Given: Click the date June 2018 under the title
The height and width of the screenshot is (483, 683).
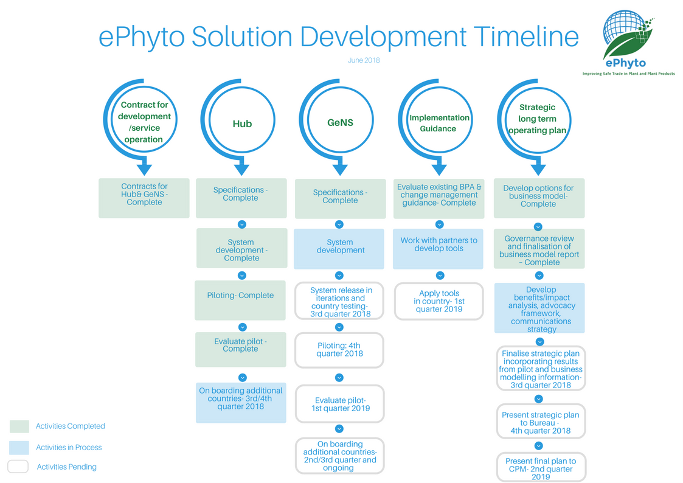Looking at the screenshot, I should [364, 60].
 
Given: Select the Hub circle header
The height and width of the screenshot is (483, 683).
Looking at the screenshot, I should [241, 124].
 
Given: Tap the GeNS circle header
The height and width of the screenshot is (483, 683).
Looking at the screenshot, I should [340, 123].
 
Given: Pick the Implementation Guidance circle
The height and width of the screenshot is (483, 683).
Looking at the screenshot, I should [439, 123].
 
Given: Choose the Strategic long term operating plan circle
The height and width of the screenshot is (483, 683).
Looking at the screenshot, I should [537, 119].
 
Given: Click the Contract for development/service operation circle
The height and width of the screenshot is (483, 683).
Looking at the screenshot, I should [144, 122].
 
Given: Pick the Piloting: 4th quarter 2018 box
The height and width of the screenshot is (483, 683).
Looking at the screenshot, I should [339, 350].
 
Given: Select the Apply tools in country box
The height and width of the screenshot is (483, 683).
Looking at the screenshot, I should [439, 301].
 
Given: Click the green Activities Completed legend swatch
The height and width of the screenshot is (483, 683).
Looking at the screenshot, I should [19, 426].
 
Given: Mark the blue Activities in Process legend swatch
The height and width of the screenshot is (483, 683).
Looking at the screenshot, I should [19, 448].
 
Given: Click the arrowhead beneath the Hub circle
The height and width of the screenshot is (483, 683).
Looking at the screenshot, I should [241, 169].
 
